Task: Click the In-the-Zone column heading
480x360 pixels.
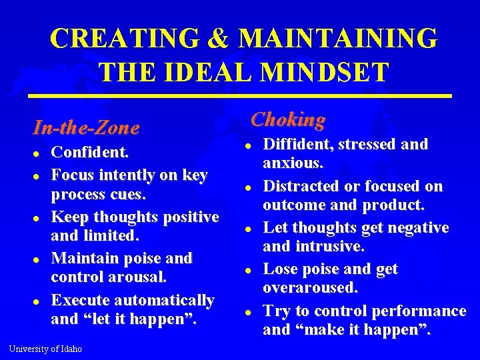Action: click(87, 127)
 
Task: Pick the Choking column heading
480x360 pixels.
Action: click(288, 119)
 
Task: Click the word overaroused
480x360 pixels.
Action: click(311, 288)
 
